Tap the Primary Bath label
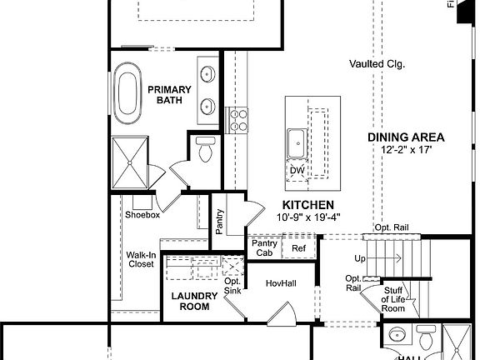[x=170, y=95]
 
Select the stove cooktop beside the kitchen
[x=237, y=120]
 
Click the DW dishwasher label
[x=297, y=171]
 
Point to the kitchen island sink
[x=295, y=143]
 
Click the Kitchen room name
[x=307, y=205]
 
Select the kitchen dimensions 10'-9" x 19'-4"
[x=308, y=217]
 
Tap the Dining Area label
[x=406, y=137]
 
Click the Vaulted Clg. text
[x=377, y=63]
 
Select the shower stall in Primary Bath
[x=130, y=163]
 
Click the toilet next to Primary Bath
[x=205, y=150]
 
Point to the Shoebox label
[x=142, y=215]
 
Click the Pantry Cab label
[x=264, y=247]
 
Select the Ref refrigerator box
[x=298, y=247]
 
